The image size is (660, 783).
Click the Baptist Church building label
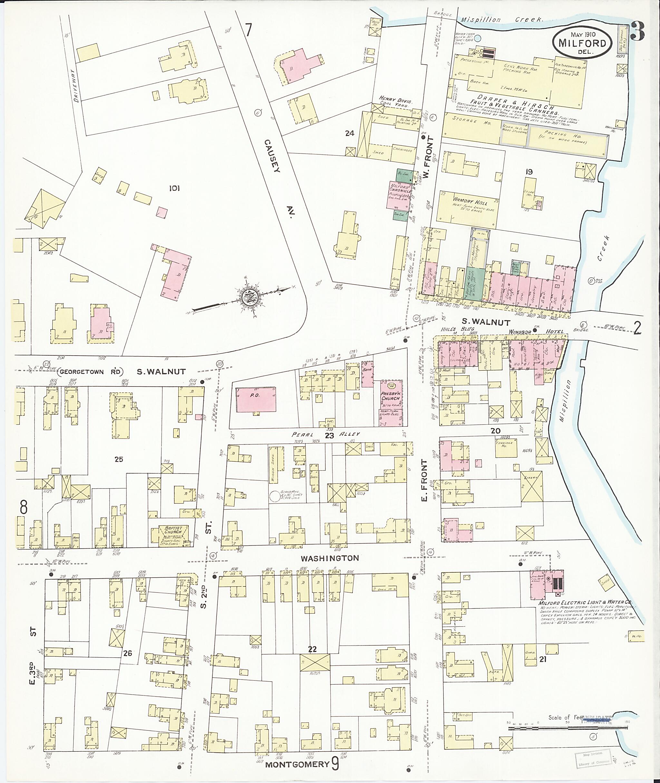point(172,530)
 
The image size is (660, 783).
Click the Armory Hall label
point(469,201)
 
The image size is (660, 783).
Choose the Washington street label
point(330,558)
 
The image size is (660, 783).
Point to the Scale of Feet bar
point(567,728)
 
